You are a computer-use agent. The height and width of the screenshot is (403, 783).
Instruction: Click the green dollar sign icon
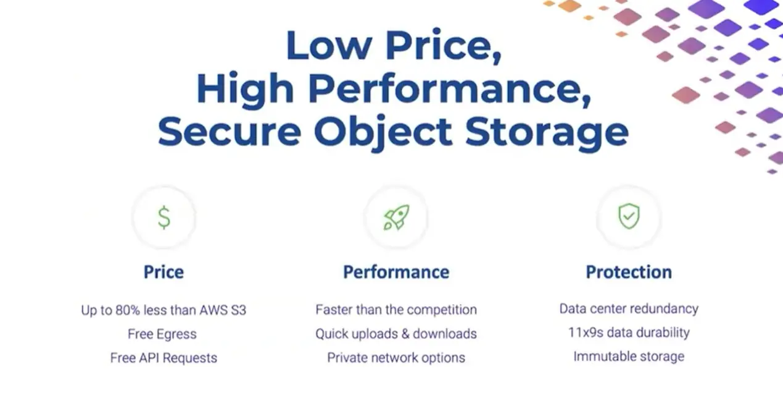tap(164, 218)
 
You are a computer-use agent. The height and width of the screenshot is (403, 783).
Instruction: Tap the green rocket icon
tap(396, 218)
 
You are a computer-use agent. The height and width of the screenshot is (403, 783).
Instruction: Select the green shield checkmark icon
tap(629, 216)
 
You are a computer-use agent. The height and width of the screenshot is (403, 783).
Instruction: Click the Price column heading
tap(164, 272)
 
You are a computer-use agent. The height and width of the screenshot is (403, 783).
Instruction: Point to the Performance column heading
tap(396, 272)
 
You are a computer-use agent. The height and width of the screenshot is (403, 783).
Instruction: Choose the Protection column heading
tap(629, 272)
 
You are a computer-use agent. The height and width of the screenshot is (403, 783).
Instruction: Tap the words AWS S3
tap(223, 310)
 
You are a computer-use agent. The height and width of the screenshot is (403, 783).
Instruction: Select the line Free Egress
tap(162, 334)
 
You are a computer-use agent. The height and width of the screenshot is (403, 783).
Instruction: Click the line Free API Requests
tap(164, 358)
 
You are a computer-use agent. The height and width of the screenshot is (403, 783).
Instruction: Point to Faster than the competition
tap(396, 310)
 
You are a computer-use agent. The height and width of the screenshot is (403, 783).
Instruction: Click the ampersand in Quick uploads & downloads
tap(405, 334)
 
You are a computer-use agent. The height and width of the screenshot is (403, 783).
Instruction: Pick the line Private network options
tap(396, 357)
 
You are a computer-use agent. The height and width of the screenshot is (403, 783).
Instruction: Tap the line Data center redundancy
tap(629, 309)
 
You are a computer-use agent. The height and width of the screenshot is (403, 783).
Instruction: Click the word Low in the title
tap(329, 46)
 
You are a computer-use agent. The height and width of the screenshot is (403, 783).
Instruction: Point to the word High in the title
tap(245, 88)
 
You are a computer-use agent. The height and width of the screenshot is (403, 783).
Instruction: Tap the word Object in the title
tap(383, 132)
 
